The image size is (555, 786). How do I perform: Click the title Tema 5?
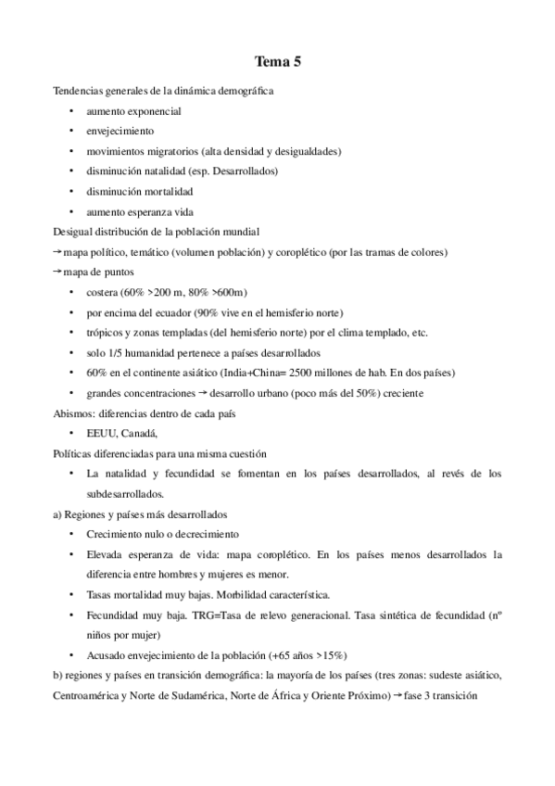[x=277, y=63]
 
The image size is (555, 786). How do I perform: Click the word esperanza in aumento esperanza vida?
[x=151, y=211]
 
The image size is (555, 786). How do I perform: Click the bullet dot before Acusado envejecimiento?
[x=72, y=653]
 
